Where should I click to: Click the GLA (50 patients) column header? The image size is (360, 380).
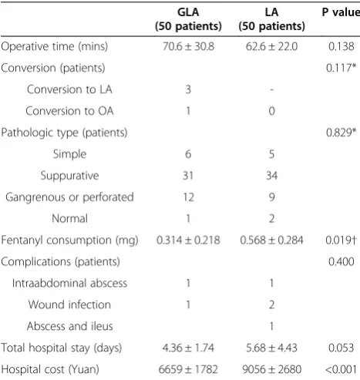click(188, 19)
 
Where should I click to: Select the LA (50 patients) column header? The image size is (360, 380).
click(271, 19)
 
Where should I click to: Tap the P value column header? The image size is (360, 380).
click(341, 12)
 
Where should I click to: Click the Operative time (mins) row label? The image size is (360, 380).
click(54, 47)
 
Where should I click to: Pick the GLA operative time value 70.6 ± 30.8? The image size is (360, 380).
click(188, 46)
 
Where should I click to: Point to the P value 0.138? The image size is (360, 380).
click(341, 46)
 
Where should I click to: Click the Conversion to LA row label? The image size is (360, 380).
click(69, 89)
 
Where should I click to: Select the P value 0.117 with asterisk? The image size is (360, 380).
click(341, 68)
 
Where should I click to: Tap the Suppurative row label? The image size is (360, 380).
click(69, 176)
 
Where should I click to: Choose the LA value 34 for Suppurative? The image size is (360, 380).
click(271, 176)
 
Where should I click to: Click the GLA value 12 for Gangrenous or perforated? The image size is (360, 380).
click(188, 197)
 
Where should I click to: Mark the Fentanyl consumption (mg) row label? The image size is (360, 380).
click(69, 240)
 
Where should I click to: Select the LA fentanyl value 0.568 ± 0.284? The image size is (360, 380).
click(271, 240)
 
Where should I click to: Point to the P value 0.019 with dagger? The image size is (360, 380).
click(341, 240)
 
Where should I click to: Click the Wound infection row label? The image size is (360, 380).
click(69, 304)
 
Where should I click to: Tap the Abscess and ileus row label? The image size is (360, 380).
click(69, 326)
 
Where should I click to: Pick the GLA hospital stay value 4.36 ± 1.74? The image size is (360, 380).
click(188, 348)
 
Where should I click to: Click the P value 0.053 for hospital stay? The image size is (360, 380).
click(341, 348)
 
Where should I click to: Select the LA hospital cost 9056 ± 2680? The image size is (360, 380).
click(271, 369)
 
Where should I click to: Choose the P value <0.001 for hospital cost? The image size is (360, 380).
click(341, 369)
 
